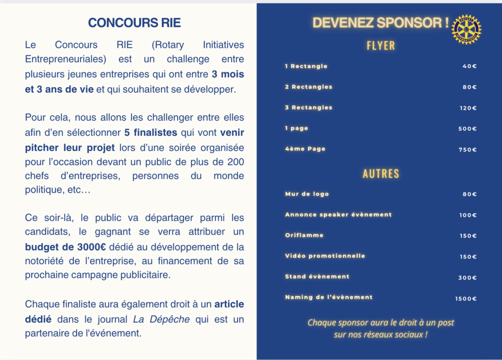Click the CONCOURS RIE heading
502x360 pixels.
coord(134,23)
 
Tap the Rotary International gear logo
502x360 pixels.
coord(466,29)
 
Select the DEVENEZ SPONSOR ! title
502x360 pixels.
coord(381,23)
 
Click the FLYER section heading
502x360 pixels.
coord(381,46)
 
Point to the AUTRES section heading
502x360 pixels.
coord(381,174)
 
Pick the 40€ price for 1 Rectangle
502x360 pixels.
coord(469,66)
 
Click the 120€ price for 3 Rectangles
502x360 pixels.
coord(468,108)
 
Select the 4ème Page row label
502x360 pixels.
coord(305,149)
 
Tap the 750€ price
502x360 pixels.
coord(468,150)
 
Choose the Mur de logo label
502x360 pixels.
coord(307,194)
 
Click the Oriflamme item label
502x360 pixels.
coord(304,235)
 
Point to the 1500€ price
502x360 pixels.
coord(466,298)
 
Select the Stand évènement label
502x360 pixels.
coord(317,277)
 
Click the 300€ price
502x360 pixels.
coord(468,278)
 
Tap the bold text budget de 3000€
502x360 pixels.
coord(68,247)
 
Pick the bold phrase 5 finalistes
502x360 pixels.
coord(151,132)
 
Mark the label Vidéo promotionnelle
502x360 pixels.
coord(325,256)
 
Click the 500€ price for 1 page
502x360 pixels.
coord(468,129)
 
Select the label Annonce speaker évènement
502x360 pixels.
coord(338,215)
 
